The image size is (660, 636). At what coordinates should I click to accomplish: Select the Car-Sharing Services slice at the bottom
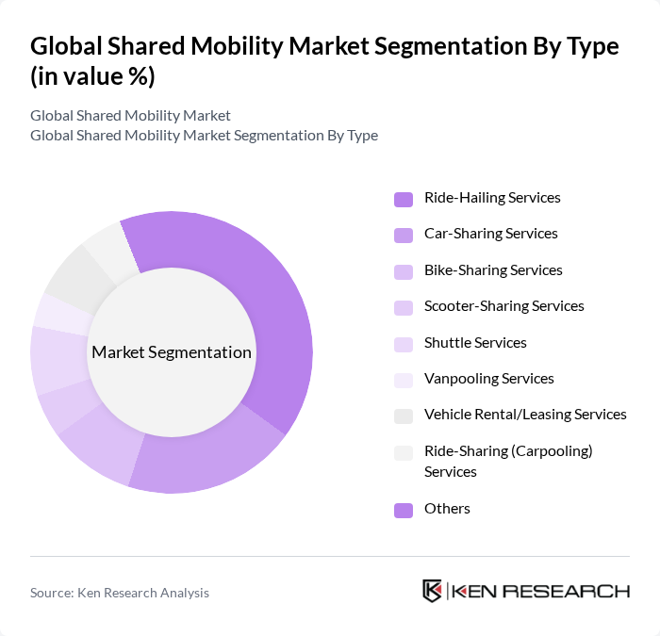click(x=203, y=462)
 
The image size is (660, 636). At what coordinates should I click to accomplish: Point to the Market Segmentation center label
click(x=172, y=352)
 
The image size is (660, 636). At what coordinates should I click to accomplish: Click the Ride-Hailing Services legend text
click(x=492, y=198)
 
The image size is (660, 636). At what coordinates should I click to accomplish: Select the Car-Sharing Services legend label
click(x=490, y=234)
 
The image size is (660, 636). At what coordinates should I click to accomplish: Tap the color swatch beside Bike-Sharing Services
click(x=404, y=271)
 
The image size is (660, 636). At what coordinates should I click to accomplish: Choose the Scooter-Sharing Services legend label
click(x=503, y=306)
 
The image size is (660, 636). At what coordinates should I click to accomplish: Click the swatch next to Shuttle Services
click(x=404, y=344)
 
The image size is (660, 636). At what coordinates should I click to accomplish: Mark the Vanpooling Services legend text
click(x=488, y=379)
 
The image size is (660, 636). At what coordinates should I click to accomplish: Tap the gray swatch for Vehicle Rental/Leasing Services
click(x=404, y=416)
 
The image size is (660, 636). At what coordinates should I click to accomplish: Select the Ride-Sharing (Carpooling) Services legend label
click(x=508, y=461)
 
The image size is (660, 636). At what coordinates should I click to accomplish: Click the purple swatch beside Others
click(x=404, y=510)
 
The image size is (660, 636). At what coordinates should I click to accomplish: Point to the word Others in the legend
click(x=447, y=509)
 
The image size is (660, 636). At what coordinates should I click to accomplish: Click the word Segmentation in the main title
click(x=401, y=46)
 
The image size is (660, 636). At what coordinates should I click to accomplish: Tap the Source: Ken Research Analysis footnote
click(x=120, y=593)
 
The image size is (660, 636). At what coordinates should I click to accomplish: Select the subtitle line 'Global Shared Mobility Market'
click(x=130, y=116)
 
